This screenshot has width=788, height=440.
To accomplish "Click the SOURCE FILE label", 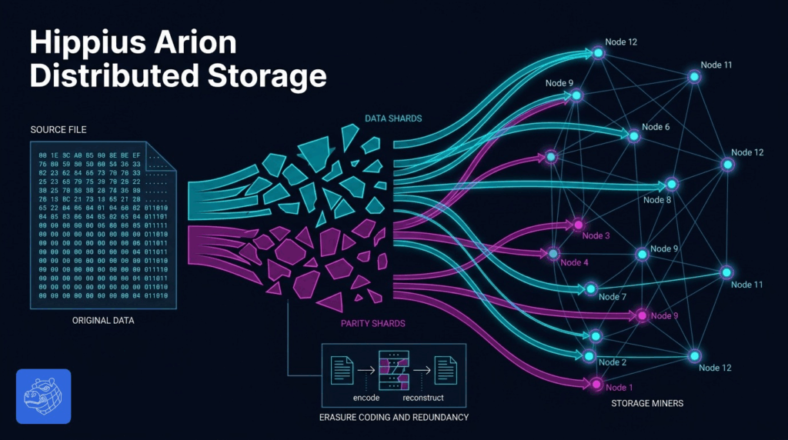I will coord(59,129).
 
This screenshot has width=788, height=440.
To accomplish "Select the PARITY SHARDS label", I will coord(372,323).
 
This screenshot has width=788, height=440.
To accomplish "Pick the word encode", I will coord(366,398).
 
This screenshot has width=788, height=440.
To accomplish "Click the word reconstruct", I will coord(423,398).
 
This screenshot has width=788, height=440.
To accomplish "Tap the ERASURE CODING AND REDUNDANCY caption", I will coord(394,417).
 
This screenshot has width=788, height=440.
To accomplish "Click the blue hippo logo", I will coord(43,396).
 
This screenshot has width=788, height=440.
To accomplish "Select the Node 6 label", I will coord(656,127).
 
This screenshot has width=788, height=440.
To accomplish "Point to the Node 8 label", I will coord(657,200).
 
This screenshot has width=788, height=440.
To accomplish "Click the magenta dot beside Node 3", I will coord(577,225).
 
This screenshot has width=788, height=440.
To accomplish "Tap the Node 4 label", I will coord(574,262).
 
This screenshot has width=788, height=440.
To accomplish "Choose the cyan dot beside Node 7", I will coord(590,289).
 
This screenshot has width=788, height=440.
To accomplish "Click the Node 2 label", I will coord(612,362).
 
